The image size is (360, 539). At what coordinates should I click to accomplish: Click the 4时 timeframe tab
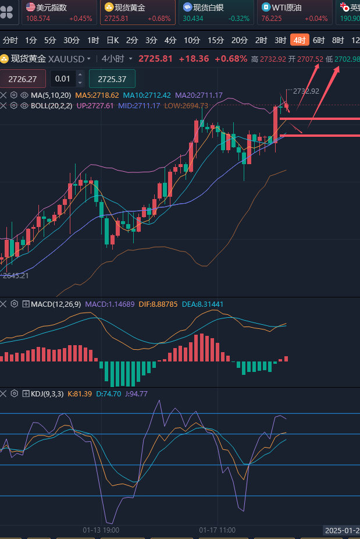click(300, 40)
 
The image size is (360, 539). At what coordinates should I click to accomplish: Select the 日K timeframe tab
click(112, 40)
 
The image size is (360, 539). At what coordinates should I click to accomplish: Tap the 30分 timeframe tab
click(72, 40)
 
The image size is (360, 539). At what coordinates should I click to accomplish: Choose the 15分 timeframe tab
click(216, 40)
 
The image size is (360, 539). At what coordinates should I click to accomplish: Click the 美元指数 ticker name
click(51, 8)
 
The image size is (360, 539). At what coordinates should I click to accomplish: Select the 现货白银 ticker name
click(209, 8)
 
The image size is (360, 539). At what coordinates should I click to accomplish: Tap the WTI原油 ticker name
click(288, 8)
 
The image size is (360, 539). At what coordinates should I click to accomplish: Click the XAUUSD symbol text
click(66, 59)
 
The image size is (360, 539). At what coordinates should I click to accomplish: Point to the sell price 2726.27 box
click(23, 79)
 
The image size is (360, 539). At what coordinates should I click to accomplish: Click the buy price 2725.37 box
click(112, 79)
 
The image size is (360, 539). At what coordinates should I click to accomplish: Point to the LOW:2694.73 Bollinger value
click(186, 105)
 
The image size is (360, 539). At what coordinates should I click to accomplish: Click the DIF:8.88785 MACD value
click(158, 304)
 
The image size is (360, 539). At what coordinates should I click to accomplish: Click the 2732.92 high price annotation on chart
click(306, 91)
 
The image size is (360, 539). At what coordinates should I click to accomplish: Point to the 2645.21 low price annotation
click(16, 275)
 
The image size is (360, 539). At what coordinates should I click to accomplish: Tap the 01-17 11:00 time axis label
click(217, 530)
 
